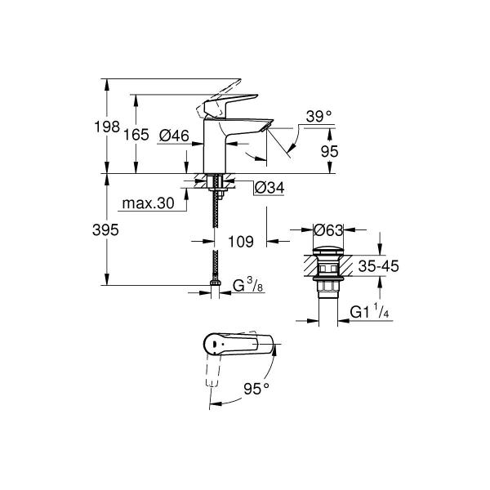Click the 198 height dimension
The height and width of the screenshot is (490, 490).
coord(107,127)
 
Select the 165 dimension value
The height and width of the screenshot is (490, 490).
coord(136,135)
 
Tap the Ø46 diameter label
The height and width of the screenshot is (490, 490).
coord(174,136)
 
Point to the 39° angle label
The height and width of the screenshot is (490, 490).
coord(318,117)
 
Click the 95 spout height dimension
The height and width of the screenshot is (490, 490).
coord(330,152)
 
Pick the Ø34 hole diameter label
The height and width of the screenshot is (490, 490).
coord(269,188)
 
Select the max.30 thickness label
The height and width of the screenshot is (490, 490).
coord(148,203)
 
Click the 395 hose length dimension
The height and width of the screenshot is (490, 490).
coord(105,230)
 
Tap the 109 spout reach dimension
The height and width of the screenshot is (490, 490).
coord(241,242)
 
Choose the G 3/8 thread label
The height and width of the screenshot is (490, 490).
coord(248,285)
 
